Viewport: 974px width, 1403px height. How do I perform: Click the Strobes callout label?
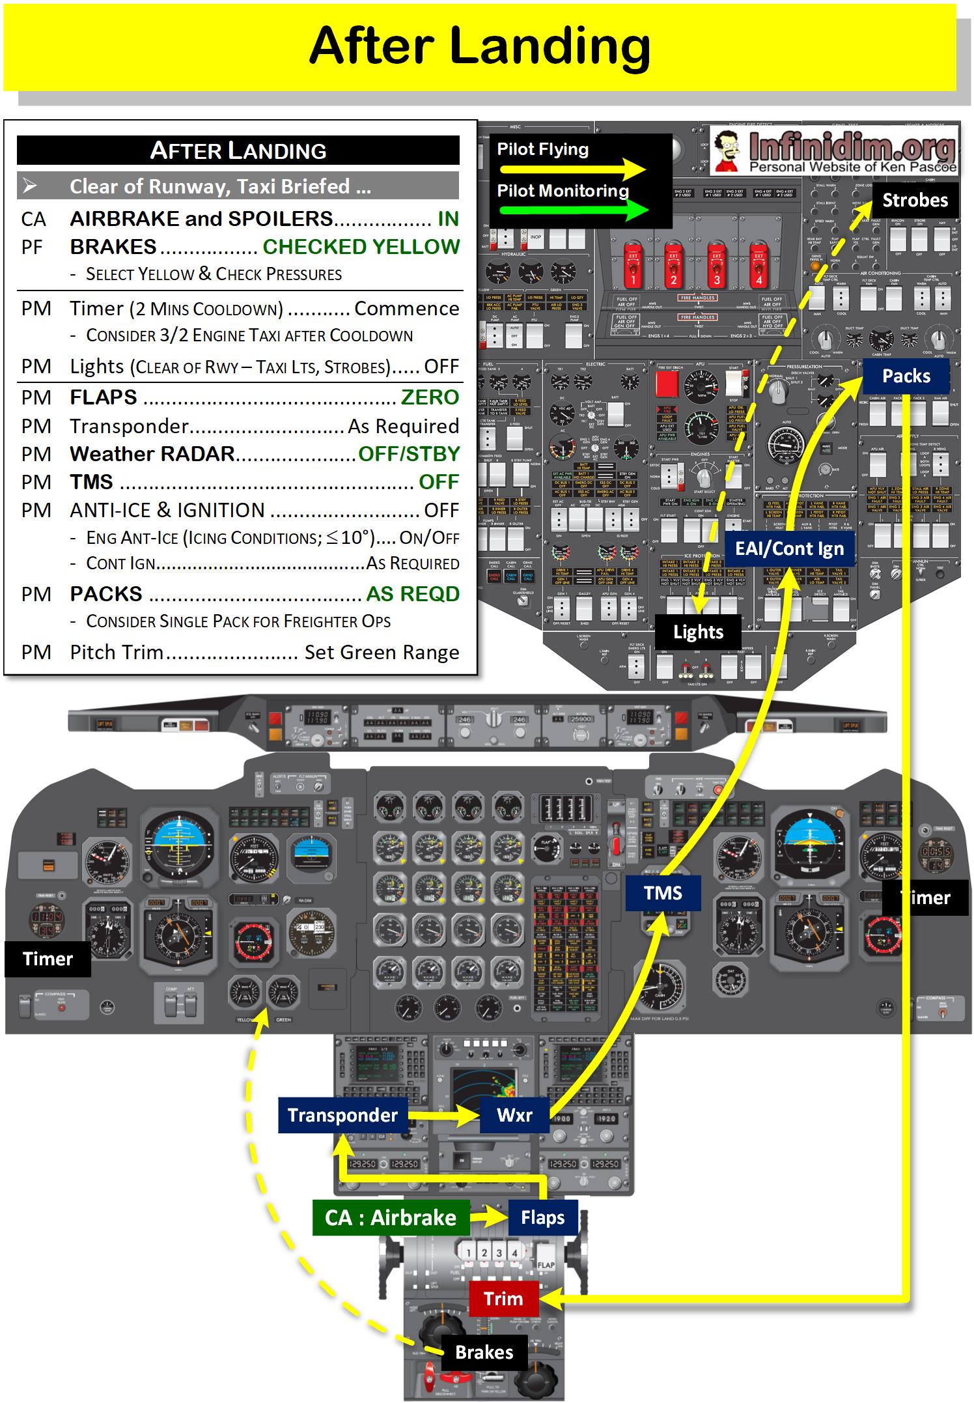pyautogui.click(x=915, y=200)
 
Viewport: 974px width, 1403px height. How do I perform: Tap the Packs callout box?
pyautogui.click(x=906, y=376)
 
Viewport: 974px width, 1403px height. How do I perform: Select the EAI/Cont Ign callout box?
pyautogui.click(x=789, y=549)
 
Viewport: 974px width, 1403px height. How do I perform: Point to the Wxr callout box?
pyautogui.click(x=514, y=1115)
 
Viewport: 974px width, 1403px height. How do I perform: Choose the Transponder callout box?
pyautogui.click(x=342, y=1115)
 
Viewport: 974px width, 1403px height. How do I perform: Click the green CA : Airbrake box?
pyautogui.click(x=391, y=1217)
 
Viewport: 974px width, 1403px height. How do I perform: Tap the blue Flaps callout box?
pyautogui.click(x=542, y=1217)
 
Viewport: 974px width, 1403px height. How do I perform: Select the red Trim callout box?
pyautogui.click(x=503, y=1299)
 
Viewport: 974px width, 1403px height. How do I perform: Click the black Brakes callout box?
pyautogui.click(x=484, y=1352)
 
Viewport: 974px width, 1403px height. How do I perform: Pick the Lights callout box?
pyautogui.click(x=698, y=632)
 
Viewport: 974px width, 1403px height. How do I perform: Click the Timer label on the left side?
pyautogui.click(x=48, y=959)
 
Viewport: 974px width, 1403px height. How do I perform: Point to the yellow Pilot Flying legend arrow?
pyautogui.click(x=572, y=170)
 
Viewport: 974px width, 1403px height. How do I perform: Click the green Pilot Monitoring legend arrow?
pyautogui.click(x=572, y=210)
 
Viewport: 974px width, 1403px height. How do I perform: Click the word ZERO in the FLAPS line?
pyautogui.click(x=430, y=397)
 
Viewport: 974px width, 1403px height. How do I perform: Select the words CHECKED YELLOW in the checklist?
pyautogui.click(x=361, y=247)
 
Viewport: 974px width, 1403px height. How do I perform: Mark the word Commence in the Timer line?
pyautogui.click(x=406, y=308)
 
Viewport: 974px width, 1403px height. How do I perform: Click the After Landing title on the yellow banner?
pyautogui.click(x=480, y=46)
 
